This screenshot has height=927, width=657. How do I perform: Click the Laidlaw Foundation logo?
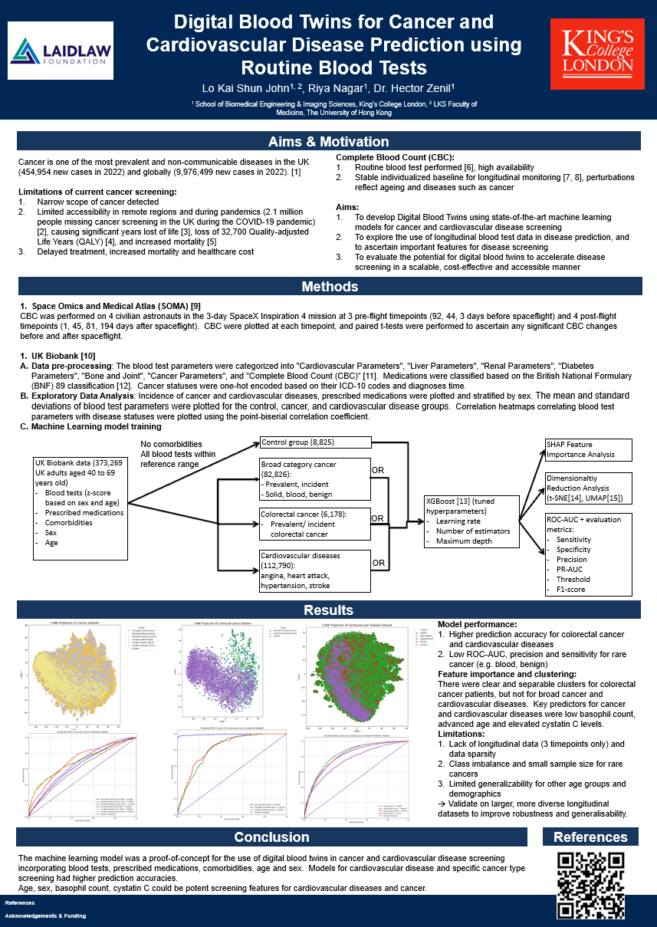coord(61,51)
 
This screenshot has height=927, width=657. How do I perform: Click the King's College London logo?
coord(597,53)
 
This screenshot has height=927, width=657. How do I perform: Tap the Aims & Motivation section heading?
coord(328,142)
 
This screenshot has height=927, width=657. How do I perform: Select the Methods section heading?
coord(328,288)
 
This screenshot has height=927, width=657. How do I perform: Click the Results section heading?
coord(328,610)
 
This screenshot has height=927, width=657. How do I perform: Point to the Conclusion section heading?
coord(272,837)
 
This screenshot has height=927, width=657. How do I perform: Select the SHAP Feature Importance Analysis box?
coord(588,449)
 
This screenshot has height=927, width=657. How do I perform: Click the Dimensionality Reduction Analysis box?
coord(588,488)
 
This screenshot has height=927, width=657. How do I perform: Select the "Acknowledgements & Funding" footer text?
coord(46,915)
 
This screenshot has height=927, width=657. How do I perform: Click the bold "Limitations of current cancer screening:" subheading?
coord(97,191)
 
